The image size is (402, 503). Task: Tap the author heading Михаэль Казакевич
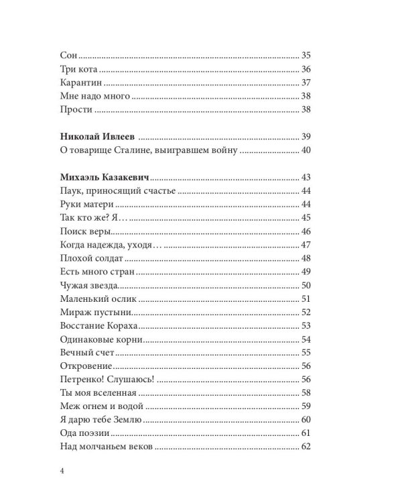[x=104, y=178]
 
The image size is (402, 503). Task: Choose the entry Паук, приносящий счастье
[x=117, y=191]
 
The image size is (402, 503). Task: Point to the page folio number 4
[x=61, y=470]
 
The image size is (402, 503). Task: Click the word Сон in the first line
[x=68, y=56]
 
